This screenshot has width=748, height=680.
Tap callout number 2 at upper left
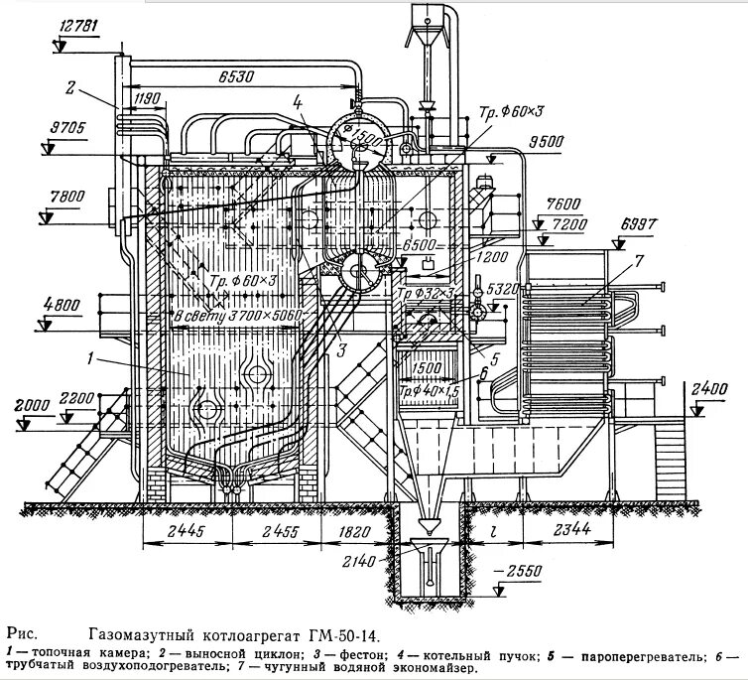click(70, 87)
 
